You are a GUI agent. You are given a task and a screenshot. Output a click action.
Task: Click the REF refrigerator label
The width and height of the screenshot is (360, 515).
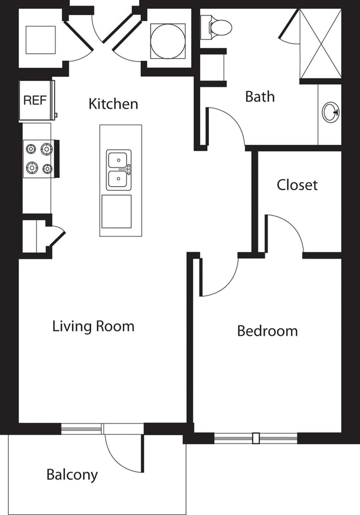tap(35, 101)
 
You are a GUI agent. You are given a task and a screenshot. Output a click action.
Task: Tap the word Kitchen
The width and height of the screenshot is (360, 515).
tap(113, 104)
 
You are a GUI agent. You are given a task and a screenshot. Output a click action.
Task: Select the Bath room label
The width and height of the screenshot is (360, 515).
tap(260, 96)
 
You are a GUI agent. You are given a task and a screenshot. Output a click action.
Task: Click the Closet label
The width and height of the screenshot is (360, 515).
tap(297, 185)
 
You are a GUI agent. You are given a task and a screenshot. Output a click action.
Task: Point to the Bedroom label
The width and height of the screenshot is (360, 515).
tap(267, 331)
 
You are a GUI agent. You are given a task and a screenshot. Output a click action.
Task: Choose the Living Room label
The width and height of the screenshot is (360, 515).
tap(93, 326)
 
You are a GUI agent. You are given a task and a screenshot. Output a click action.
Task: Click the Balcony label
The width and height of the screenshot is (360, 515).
tap(72, 475)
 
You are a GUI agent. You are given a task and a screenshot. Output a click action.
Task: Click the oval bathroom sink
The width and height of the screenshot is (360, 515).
tap(331, 113)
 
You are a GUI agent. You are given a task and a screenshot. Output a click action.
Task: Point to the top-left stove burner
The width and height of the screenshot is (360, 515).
tap(31, 149)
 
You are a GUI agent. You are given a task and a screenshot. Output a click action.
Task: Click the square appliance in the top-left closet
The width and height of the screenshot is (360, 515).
tap(40, 40)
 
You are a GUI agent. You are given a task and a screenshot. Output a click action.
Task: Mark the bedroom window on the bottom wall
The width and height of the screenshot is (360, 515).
tap(255, 438)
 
